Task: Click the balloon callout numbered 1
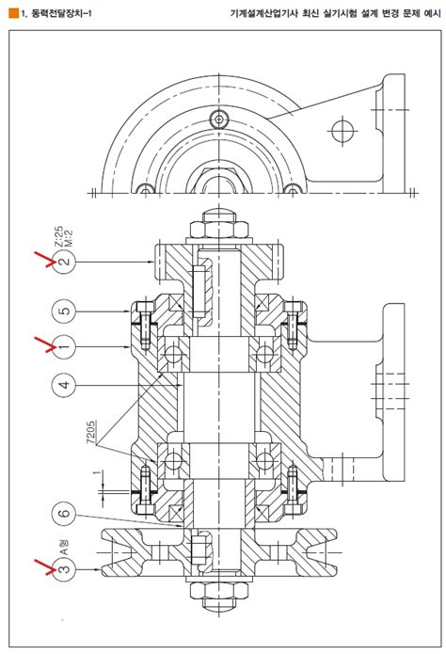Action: pos(64,346)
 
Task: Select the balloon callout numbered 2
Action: pos(65,262)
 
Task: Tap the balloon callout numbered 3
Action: pos(65,569)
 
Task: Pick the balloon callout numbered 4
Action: pos(64,385)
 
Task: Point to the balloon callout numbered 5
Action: pos(64,311)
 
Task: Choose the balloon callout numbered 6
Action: pos(64,514)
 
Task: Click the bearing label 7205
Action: pos(91,432)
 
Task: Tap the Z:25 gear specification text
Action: pos(59,237)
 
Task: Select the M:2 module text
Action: pos(69,238)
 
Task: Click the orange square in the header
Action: pos(13,13)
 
